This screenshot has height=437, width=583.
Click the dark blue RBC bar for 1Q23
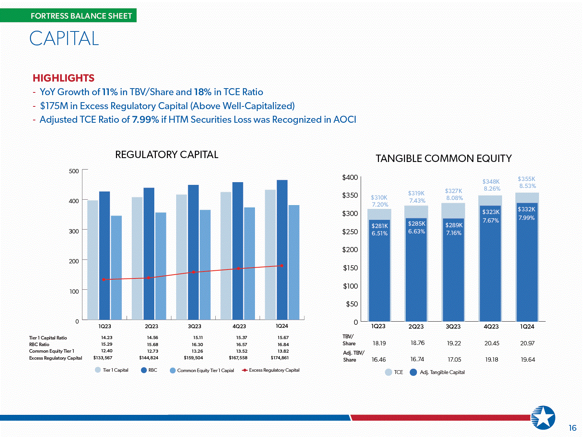click(x=105, y=255)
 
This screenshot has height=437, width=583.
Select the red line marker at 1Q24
click(x=282, y=266)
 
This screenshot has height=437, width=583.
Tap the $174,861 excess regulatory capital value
click(x=280, y=358)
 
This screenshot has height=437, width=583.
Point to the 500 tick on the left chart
click(x=74, y=171)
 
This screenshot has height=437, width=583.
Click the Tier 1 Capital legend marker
click(x=98, y=370)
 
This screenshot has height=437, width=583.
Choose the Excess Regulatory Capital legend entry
click(x=271, y=370)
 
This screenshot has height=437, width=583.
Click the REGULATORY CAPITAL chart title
click(x=167, y=155)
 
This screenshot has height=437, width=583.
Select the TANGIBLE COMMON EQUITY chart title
click(x=443, y=158)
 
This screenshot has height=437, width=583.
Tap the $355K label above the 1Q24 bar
click(x=526, y=179)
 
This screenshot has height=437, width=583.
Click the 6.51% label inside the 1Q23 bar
click(x=380, y=233)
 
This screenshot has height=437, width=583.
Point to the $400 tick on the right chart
click(x=350, y=177)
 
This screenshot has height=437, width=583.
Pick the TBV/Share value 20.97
click(x=527, y=343)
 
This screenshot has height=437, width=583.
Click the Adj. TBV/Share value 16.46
click(x=379, y=360)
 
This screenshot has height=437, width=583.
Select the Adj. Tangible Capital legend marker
click(x=413, y=372)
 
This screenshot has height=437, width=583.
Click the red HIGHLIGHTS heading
click(x=63, y=78)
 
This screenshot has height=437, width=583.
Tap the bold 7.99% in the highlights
click(x=145, y=120)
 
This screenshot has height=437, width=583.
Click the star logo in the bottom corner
click(x=543, y=418)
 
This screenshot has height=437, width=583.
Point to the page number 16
click(x=573, y=428)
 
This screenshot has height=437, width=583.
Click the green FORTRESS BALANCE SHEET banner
click(x=68, y=16)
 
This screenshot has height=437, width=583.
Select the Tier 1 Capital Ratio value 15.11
click(x=198, y=338)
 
